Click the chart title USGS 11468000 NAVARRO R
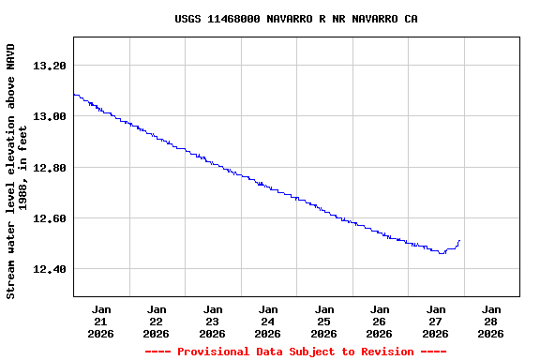(296, 19)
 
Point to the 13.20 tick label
(50, 66)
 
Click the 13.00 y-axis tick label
(50, 116)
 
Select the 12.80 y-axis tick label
(50, 168)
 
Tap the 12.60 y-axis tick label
(50, 218)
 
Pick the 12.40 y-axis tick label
(50, 270)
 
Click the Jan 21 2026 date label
(101, 322)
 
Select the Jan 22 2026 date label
(157, 322)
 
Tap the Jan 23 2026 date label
(213, 322)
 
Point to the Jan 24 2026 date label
(268, 322)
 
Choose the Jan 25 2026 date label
(324, 322)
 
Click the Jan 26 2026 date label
(380, 322)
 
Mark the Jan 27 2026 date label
(436, 322)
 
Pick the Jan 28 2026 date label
(491, 322)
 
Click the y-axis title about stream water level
(17, 171)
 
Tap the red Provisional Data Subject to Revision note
(296, 352)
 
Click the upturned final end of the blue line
(459, 241)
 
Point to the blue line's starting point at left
(74, 94)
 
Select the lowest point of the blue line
(442, 253)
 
